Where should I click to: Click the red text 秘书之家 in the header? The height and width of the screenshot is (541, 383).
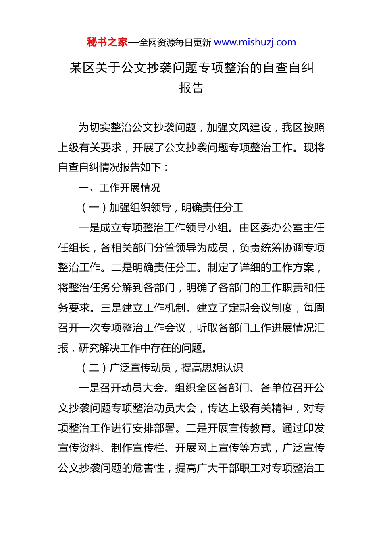[x=107, y=42]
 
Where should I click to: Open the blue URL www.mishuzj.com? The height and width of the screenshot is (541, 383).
[x=255, y=42]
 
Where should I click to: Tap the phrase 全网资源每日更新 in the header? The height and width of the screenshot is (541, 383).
[x=175, y=43]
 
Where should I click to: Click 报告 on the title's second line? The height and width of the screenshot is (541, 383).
[x=191, y=88]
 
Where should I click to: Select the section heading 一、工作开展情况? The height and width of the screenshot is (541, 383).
[x=119, y=188]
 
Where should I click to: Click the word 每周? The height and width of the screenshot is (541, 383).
[x=314, y=308]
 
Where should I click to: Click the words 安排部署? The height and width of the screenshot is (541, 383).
[x=154, y=428]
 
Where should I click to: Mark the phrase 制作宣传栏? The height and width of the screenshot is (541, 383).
[x=137, y=448]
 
